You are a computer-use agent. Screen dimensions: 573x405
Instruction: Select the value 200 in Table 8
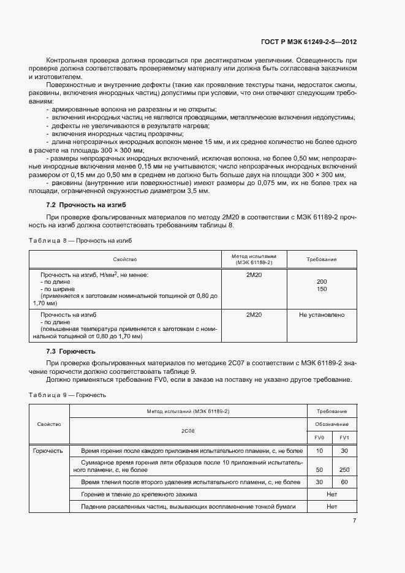click(x=322, y=282)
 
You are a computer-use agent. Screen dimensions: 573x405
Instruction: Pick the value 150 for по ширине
click(x=322, y=289)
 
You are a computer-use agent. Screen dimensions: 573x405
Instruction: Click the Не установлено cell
click(x=322, y=315)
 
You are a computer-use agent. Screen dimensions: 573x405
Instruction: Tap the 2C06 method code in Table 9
click(x=187, y=430)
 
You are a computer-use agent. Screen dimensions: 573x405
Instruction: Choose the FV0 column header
click(x=319, y=437)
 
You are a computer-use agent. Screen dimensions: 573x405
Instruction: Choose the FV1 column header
click(x=344, y=437)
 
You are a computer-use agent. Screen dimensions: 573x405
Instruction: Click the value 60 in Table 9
click(x=344, y=482)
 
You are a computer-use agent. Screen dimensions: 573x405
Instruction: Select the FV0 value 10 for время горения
click(x=319, y=451)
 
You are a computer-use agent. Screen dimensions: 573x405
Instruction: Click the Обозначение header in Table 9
click(x=332, y=424)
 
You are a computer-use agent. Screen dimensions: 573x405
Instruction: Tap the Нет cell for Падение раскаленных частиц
click(x=332, y=507)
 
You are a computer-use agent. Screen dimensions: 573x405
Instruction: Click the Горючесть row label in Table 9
click(x=48, y=451)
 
